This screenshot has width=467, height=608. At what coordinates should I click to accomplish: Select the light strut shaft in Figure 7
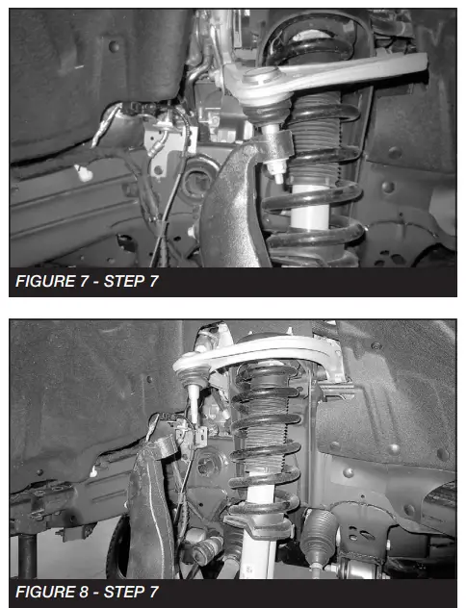coord(309,207)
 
